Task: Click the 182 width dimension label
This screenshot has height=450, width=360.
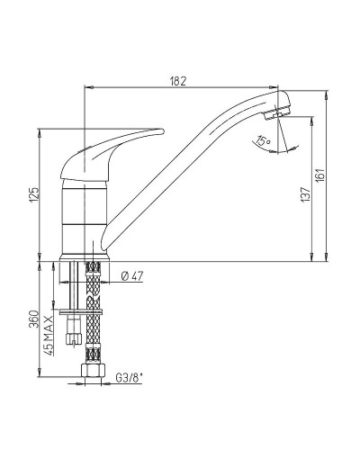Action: pos(178,81)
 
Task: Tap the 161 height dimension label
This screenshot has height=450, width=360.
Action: pos(320,175)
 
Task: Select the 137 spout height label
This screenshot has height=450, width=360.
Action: pos(305,194)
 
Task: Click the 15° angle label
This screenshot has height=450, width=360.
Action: pos(263,140)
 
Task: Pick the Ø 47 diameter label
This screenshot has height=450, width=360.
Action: pos(132,276)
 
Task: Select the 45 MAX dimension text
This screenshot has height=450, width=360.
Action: pos(49,336)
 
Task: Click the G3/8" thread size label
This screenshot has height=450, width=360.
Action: pos(129,378)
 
